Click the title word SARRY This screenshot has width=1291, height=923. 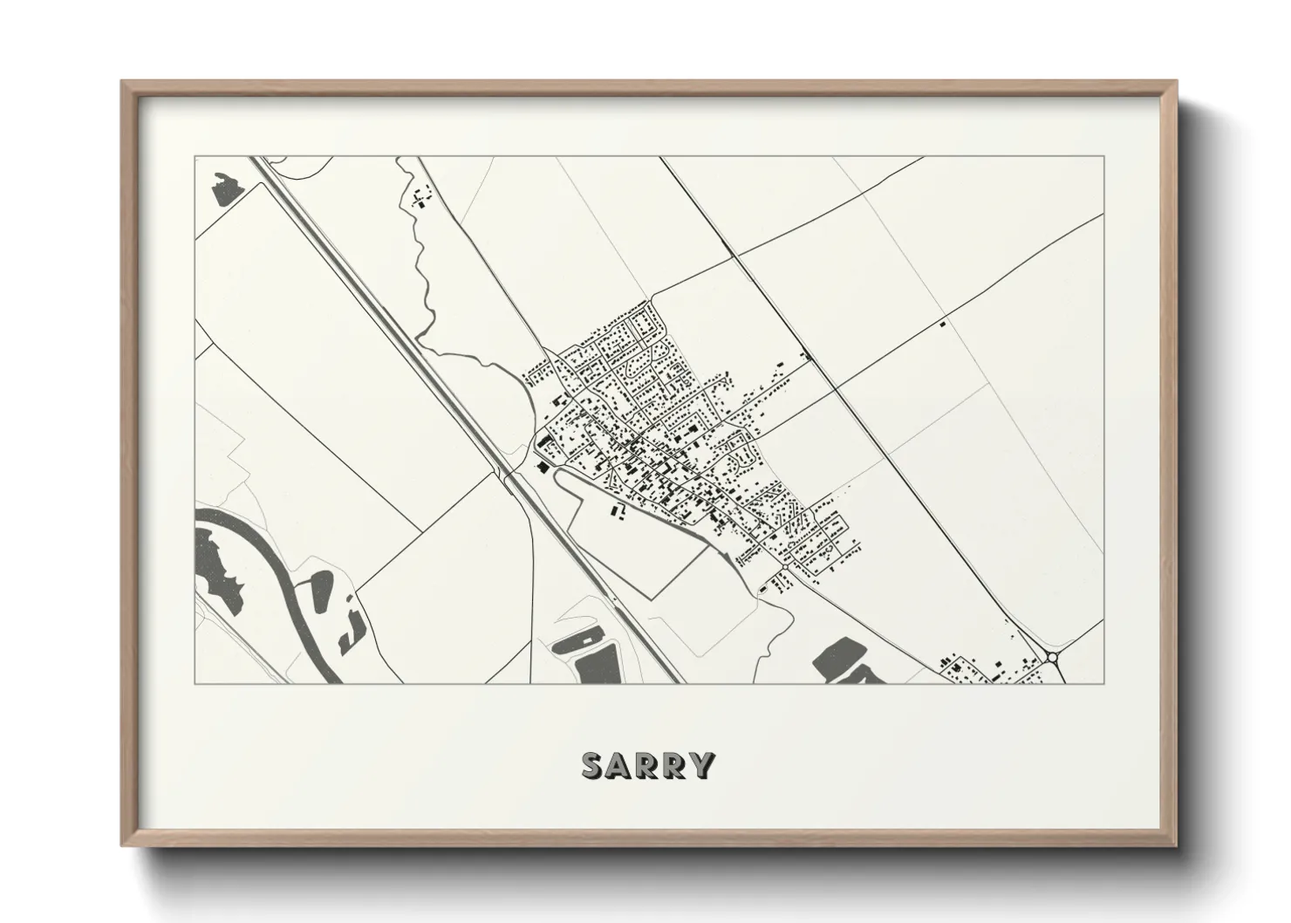[x=648, y=765]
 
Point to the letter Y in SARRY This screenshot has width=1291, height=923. [x=703, y=765]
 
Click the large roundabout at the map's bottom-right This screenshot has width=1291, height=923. [x=1052, y=657]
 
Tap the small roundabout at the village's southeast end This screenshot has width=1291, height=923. [x=785, y=568]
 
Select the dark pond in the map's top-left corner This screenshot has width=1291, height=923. [x=226, y=188]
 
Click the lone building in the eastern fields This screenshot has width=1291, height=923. [x=942, y=324]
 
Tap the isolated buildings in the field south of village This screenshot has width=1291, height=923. [x=617, y=510]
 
